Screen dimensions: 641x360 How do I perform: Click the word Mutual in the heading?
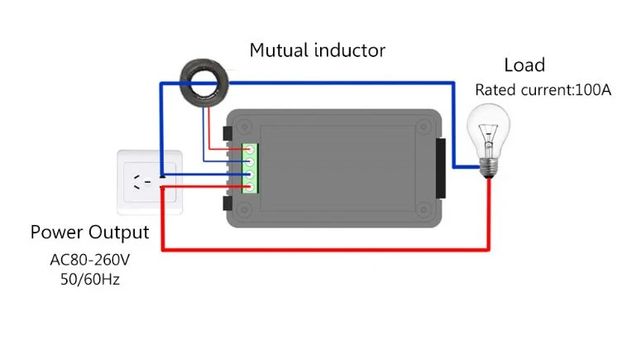(279, 50)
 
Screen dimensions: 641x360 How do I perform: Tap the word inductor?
(350, 50)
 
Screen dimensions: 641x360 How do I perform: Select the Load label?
(524, 65)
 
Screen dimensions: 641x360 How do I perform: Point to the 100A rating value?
(593, 90)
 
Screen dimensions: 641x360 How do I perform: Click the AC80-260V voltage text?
(90, 260)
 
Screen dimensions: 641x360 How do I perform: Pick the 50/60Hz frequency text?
(90, 280)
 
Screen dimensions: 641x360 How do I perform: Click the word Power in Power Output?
(57, 232)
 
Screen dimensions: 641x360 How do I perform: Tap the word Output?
(119, 233)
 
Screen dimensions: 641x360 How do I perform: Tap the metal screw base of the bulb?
(489, 167)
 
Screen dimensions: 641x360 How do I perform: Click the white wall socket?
(150, 182)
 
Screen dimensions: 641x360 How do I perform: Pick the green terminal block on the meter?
(250, 168)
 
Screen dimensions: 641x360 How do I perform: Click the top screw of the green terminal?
(250, 150)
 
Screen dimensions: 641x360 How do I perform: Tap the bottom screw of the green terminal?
(250, 187)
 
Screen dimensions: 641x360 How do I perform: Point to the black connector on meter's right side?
(441, 168)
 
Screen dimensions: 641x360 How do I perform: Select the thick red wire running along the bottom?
(325, 249)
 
